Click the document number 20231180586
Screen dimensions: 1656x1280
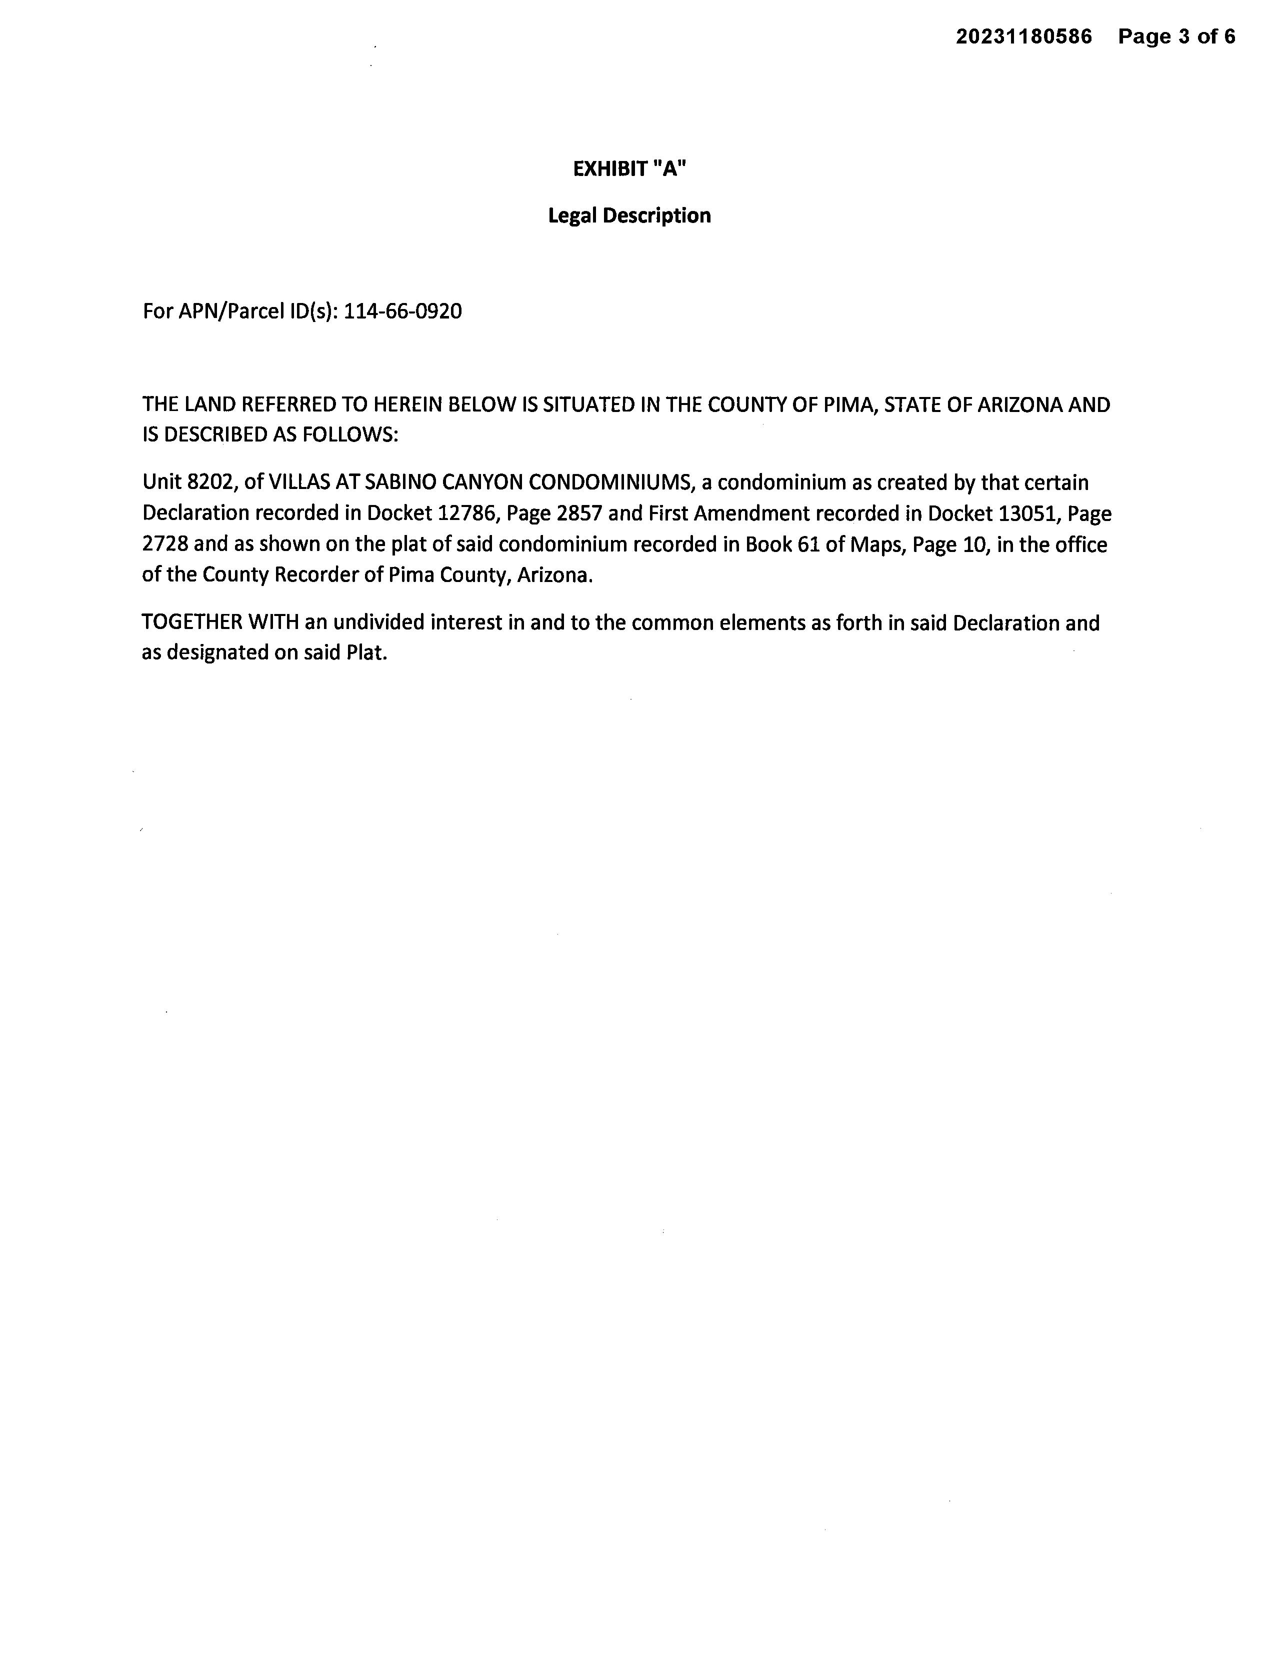click(x=1023, y=36)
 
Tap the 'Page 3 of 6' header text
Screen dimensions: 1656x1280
click(x=1176, y=36)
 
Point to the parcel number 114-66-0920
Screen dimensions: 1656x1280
click(x=402, y=311)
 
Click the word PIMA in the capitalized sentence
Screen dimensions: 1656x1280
click(x=850, y=405)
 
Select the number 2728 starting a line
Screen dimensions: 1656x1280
click(x=164, y=545)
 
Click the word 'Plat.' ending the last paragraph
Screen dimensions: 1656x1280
click(x=367, y=653)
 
